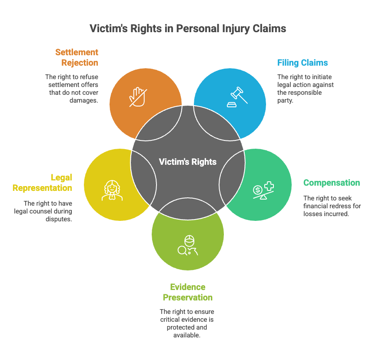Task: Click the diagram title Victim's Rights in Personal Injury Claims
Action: (188, 29)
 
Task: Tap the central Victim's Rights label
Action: (188, 162)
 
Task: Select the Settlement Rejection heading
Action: (77, 57)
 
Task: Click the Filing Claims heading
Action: (303, 63)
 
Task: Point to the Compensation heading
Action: (332, 183)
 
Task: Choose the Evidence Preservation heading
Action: (188, 292)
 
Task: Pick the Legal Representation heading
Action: (43, 183)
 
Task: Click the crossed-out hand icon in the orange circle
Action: (137, 97)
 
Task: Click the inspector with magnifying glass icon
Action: (188, 246)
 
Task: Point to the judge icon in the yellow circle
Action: (112, 190)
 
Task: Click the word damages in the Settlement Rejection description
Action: (83, 100)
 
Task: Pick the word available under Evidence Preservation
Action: (187, 335)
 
